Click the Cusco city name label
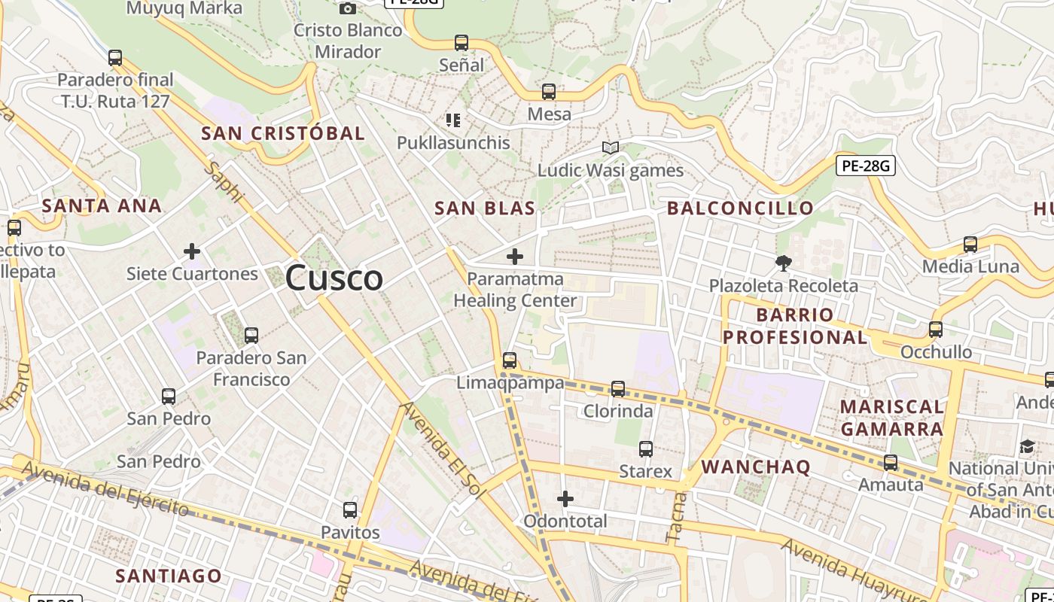click(x=334, y=278)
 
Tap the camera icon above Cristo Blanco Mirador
click(x=347, y=8)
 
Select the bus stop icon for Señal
click(x=462, y=43)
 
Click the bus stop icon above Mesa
click(x=549, y=92)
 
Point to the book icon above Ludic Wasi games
click(x=611, y=148)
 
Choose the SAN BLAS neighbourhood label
click(x=485, y=208)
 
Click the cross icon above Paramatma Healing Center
click(x=515, y=257)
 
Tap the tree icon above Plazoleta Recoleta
click(x=784, y=263)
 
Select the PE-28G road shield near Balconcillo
click(x=865, y=166)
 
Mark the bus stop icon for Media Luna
click(x=970, y=244)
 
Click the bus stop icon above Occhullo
click(x=936, y=329)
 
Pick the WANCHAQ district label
click(x=756, y=467)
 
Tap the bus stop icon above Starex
click(x=646, y=449)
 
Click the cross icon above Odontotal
click(x=565, y=498)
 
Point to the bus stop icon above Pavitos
click(x=350, y=509)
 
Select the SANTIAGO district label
click(x=169, y=576)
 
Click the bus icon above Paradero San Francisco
click(x=251, y=335)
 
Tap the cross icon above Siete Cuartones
click(x=192, y=251)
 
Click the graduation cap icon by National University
click(x=1027, y=446)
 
